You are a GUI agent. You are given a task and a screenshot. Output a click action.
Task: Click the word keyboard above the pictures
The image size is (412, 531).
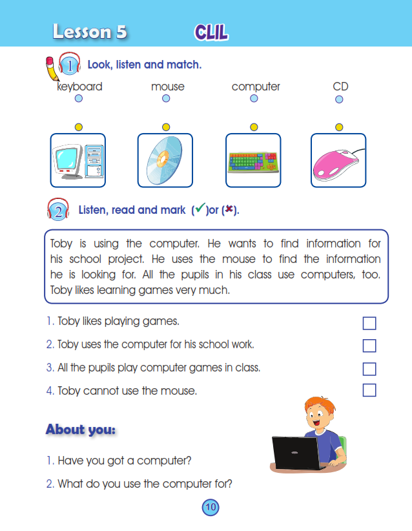click(79, 87)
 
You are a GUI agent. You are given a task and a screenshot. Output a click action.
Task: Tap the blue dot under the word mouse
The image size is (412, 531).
click(166, 99)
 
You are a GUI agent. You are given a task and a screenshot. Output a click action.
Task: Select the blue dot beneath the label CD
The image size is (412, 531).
click(339, 99)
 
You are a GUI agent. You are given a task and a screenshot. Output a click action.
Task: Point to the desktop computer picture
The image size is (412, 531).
click(77, 160)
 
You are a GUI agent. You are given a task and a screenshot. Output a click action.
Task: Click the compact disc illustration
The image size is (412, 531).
click(165, 160)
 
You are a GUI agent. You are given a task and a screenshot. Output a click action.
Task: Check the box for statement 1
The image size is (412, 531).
click(369, 323)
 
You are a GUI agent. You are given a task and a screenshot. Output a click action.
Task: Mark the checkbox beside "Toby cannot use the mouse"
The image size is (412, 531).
click(369, 390)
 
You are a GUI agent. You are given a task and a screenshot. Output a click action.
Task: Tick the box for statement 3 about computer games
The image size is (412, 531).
click(369, 369)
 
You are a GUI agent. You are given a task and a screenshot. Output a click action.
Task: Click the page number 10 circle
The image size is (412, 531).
click(211, 507)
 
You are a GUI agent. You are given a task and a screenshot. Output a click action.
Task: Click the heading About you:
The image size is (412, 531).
click(81, 430)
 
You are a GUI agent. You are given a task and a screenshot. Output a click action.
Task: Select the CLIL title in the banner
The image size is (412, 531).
click(211, 32)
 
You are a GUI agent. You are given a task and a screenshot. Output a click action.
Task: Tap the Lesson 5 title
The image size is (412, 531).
click(90, 32)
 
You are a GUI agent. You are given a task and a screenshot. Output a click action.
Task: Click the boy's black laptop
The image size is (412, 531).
click(296, 453)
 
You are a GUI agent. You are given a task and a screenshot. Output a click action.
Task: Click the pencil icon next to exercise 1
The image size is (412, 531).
click(51, 67)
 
